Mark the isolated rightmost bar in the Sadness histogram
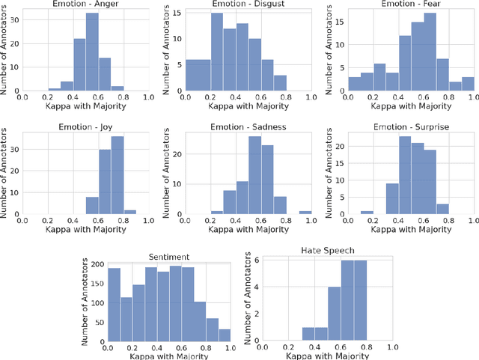click(305, 213)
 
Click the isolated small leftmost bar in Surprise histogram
click(367, 213)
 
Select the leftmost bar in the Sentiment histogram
click(114, 303)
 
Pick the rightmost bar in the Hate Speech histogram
click(360, 299)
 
